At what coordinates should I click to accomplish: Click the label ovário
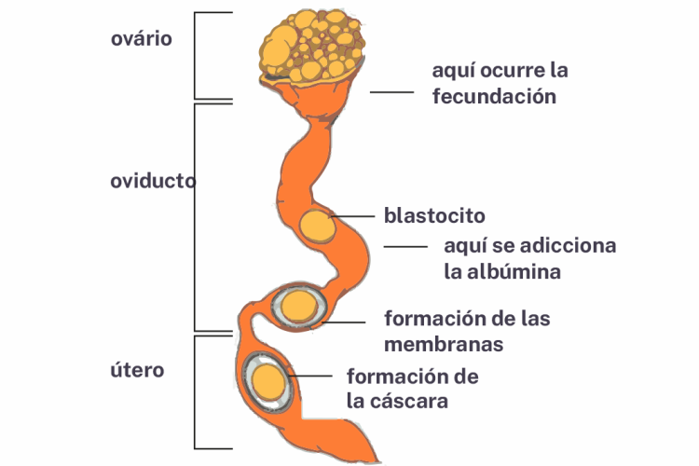(142, 39)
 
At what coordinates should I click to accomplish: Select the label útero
(137, 370)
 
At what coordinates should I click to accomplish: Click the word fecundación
(494, 96)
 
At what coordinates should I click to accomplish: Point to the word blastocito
(434, 215)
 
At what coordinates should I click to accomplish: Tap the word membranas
(444, 344)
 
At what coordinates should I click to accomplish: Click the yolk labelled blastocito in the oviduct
(317, 226)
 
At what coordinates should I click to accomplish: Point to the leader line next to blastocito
(352, 216)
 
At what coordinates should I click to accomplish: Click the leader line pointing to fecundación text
(391, 91)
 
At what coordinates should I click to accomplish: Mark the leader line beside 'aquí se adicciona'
(406, 247)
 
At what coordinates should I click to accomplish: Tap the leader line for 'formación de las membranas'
(345, 322)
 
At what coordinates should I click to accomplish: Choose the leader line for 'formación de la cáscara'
(311, 377)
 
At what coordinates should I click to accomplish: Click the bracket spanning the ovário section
(195, 55)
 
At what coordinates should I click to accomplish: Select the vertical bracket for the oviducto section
(195, 216)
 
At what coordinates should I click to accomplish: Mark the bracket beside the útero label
(195, 391)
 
